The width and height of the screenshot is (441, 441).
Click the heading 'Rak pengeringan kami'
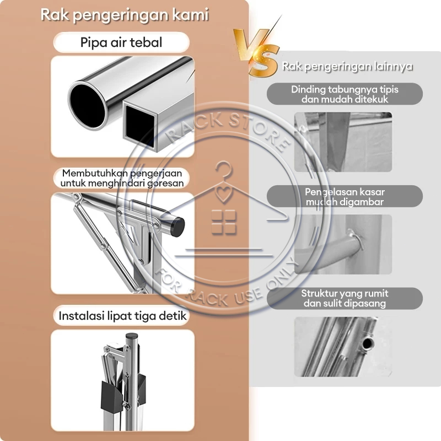pos(125,15)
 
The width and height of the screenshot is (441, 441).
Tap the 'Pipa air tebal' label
pos(121,42)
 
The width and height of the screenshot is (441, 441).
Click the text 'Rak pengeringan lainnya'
pos(348,67)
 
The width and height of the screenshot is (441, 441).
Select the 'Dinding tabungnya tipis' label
pos(345,94)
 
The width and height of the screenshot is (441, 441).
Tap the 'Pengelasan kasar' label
pos(345,196)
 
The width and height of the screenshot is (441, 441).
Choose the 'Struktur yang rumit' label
pos(345,298)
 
